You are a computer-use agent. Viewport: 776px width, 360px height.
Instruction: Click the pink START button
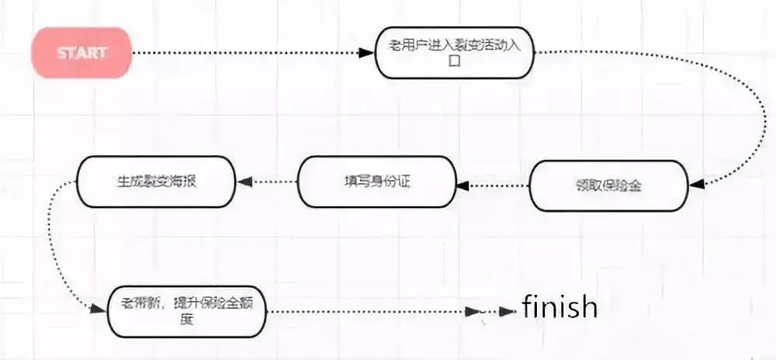point(81,53)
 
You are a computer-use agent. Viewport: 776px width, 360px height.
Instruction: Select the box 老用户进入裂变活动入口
point(455,53)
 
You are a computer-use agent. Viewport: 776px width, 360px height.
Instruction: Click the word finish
point(559,307)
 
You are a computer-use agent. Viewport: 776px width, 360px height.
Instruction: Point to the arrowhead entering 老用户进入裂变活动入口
point(367,53)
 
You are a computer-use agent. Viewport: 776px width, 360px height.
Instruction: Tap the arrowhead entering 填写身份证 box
point(461,184)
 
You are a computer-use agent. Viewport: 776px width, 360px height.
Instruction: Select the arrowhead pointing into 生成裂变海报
point(243,182)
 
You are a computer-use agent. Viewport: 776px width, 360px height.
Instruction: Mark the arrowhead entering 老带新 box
point(97,309)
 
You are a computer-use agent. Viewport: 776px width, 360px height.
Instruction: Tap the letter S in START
point(62,53)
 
